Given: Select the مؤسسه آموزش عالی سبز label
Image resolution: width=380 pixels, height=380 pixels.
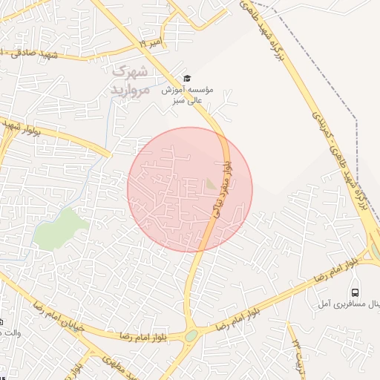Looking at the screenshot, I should point(188,94).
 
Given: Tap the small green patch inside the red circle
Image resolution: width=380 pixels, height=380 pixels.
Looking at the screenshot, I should point(212,183).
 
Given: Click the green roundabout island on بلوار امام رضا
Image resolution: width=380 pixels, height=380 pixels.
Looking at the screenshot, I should point(191,335).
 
